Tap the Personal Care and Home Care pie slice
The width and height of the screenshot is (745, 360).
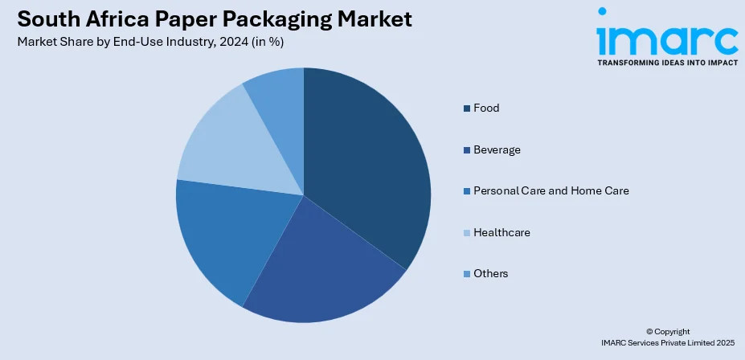(217, 237)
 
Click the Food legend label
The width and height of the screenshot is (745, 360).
(486, 108)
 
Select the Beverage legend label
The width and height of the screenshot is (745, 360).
(497, 149)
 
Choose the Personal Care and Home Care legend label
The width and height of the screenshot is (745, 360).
(551, 190)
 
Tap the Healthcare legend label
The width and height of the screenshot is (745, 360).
(501, 232)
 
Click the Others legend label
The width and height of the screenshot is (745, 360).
(491, 273)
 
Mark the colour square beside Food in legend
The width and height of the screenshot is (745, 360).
(466, 108)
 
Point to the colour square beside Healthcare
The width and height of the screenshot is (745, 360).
(466, 233)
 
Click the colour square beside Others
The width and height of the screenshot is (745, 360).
(466, 274)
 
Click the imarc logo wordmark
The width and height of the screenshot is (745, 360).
(666, 37)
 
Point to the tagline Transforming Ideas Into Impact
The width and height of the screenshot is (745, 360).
(666, 62)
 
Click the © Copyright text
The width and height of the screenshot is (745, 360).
(668, 331)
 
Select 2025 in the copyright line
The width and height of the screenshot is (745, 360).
(720, 342)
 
